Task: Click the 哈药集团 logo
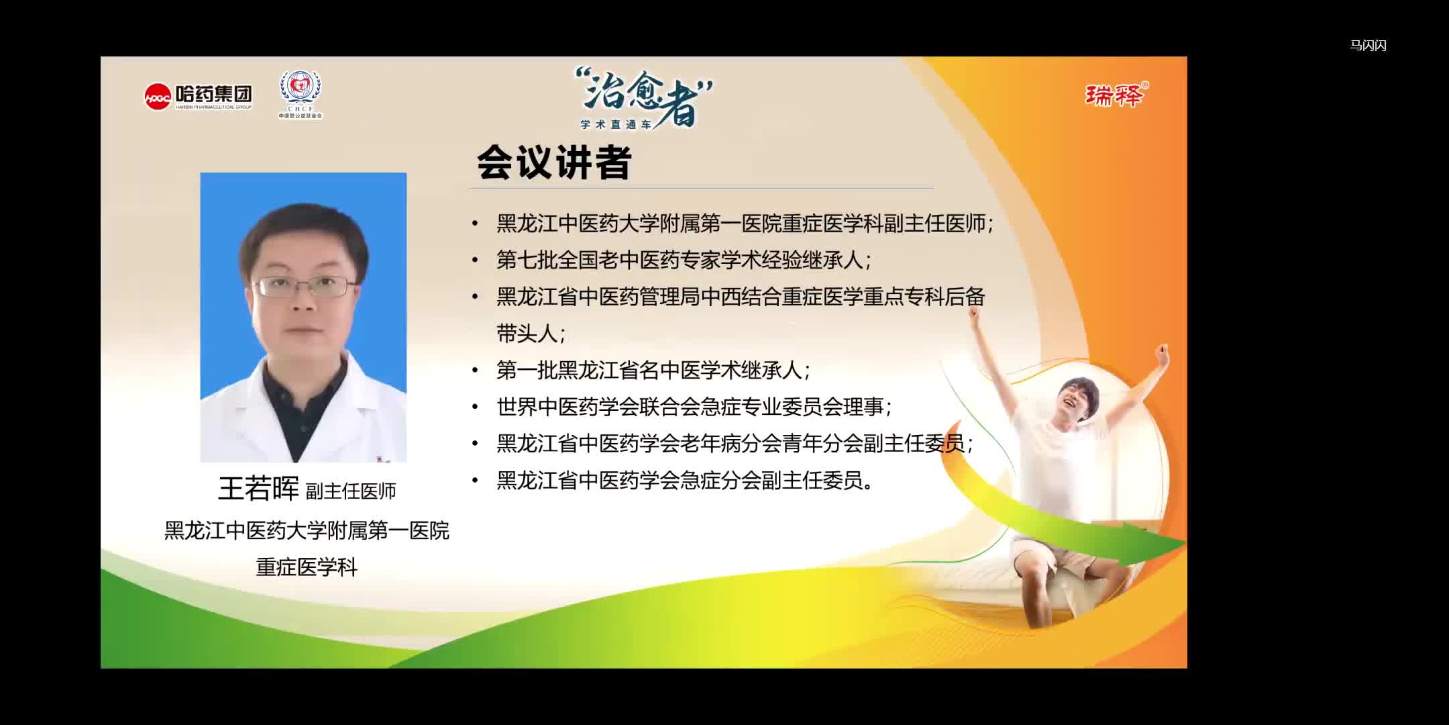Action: coord(198,97)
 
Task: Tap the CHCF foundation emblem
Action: coord(301,94)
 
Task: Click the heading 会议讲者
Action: coord(554,162)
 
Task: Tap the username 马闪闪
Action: coord(1368,46)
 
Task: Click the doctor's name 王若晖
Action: coord(258,489)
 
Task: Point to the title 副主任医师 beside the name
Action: coord(351,491)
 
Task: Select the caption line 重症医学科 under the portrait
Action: coord(307,567)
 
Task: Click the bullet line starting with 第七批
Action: coord(683,260)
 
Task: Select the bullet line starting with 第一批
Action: coord(653,370)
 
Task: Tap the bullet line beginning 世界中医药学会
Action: coord(694,407)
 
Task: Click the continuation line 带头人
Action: coord(530,334)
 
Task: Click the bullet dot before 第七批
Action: coord(476,260)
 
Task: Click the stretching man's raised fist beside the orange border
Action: coord(1161,354)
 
